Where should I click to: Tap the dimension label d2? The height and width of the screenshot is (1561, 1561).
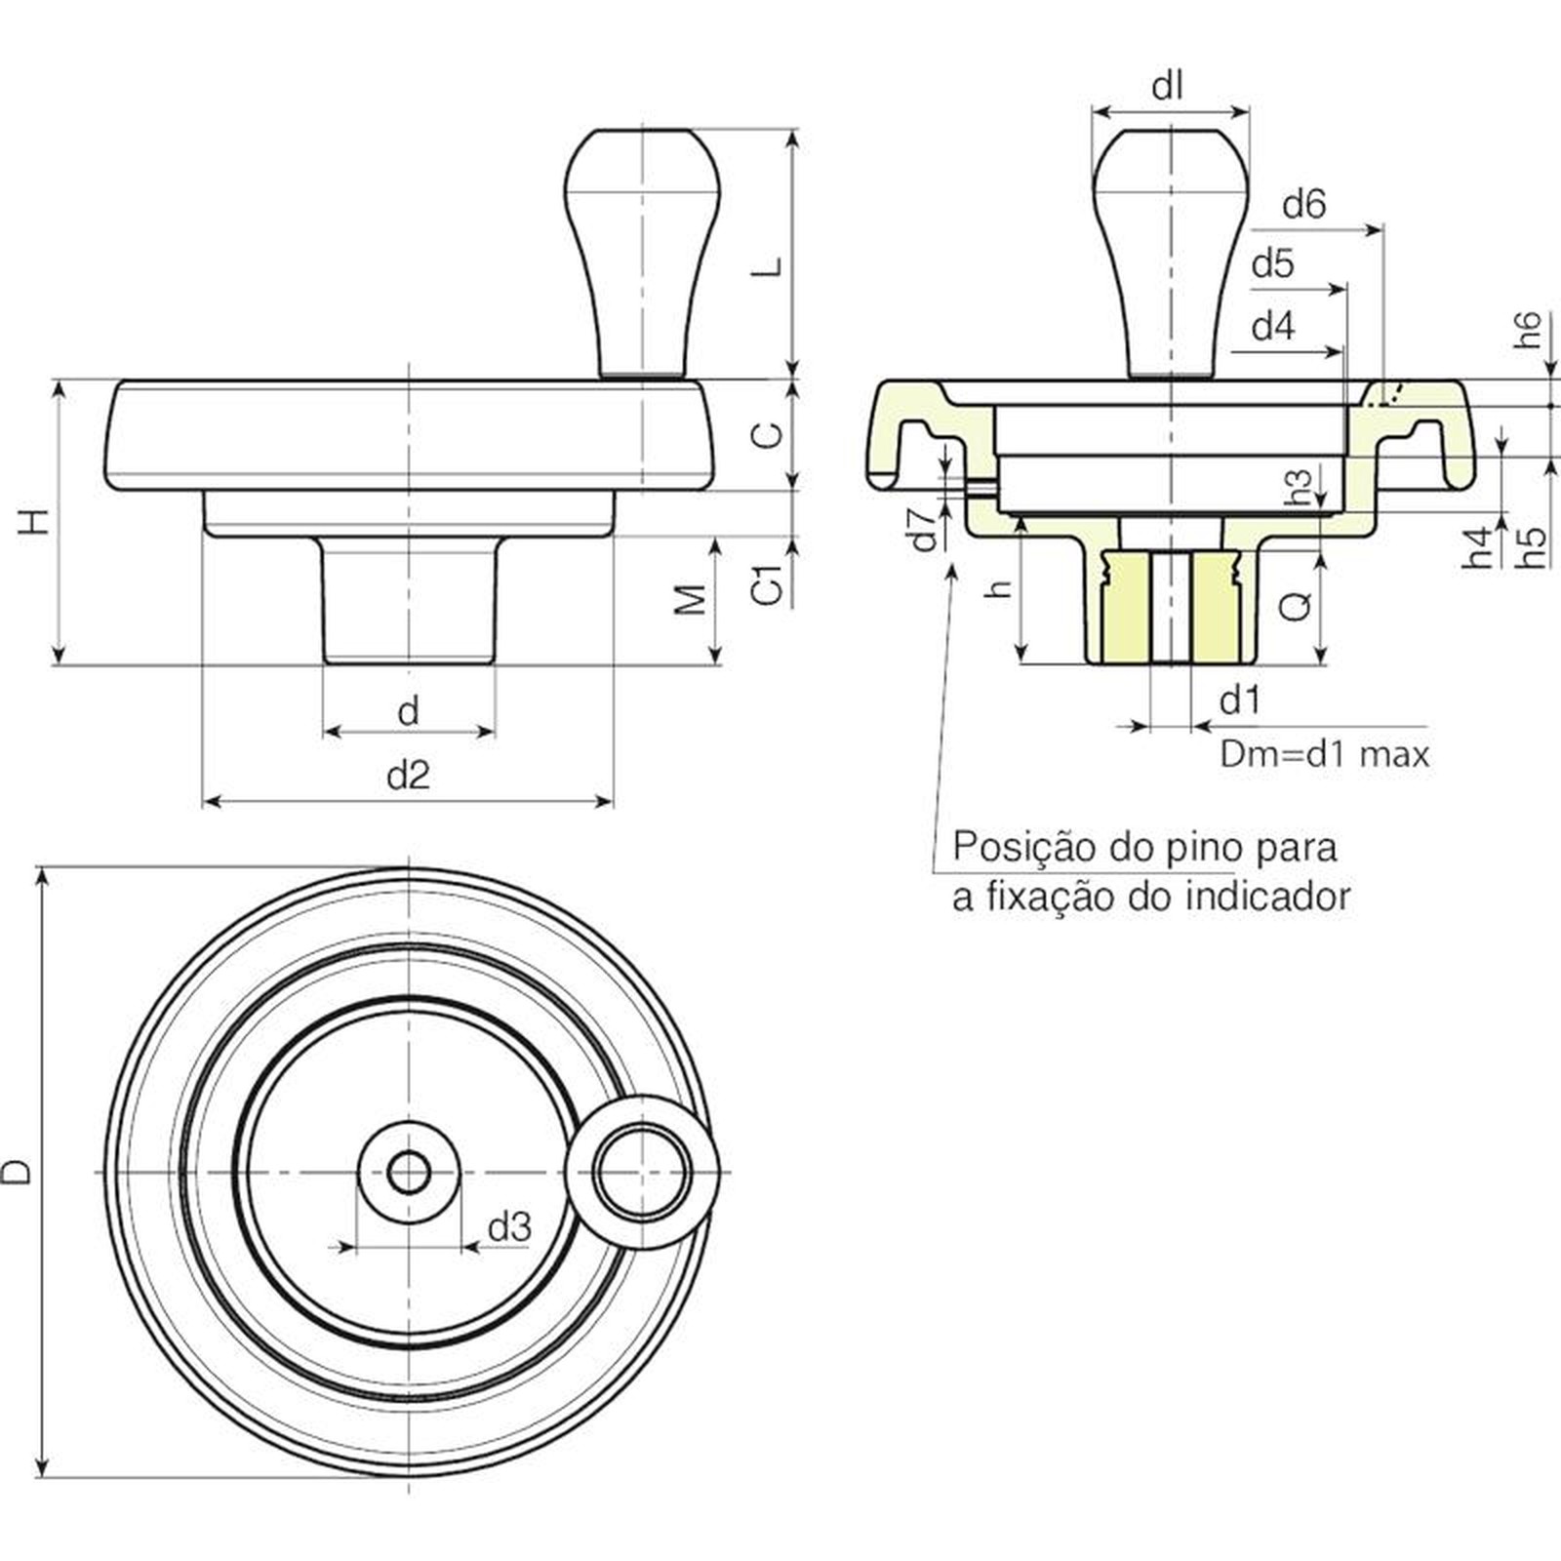408,776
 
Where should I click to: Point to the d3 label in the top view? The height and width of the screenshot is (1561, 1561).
509,1226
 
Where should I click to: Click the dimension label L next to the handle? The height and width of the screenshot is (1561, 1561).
771,265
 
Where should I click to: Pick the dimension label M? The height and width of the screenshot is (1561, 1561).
691,599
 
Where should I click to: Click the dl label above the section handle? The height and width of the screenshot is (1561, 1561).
1167,88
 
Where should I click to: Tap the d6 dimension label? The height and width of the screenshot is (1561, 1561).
1303,205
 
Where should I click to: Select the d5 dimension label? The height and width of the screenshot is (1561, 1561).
1272,263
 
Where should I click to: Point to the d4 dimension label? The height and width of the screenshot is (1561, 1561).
1272,326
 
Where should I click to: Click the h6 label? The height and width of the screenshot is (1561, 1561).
1529,330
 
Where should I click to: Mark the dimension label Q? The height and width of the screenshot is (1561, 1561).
1296,607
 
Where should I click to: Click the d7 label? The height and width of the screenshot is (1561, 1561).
924,528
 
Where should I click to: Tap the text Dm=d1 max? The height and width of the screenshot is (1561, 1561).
1324,754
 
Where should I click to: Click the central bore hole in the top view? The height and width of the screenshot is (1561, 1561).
408,1172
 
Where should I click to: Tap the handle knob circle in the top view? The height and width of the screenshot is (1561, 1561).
643,1172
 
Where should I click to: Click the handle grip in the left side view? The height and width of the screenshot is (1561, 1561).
642,249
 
